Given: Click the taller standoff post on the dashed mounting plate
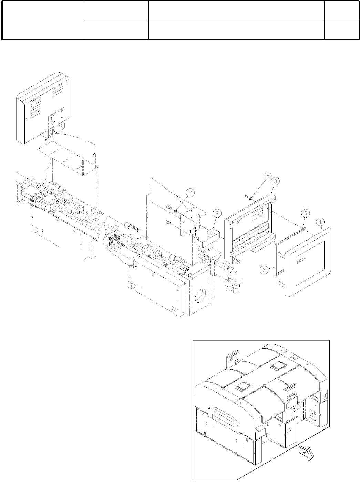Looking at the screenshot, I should click(x=94, y=158).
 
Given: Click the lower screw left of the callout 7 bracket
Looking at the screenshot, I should click(x=168, y=222).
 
